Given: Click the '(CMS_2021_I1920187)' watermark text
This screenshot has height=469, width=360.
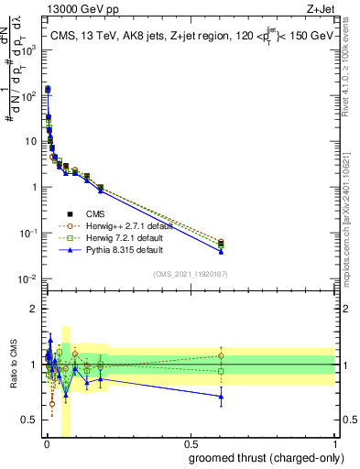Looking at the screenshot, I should point(190,273).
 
